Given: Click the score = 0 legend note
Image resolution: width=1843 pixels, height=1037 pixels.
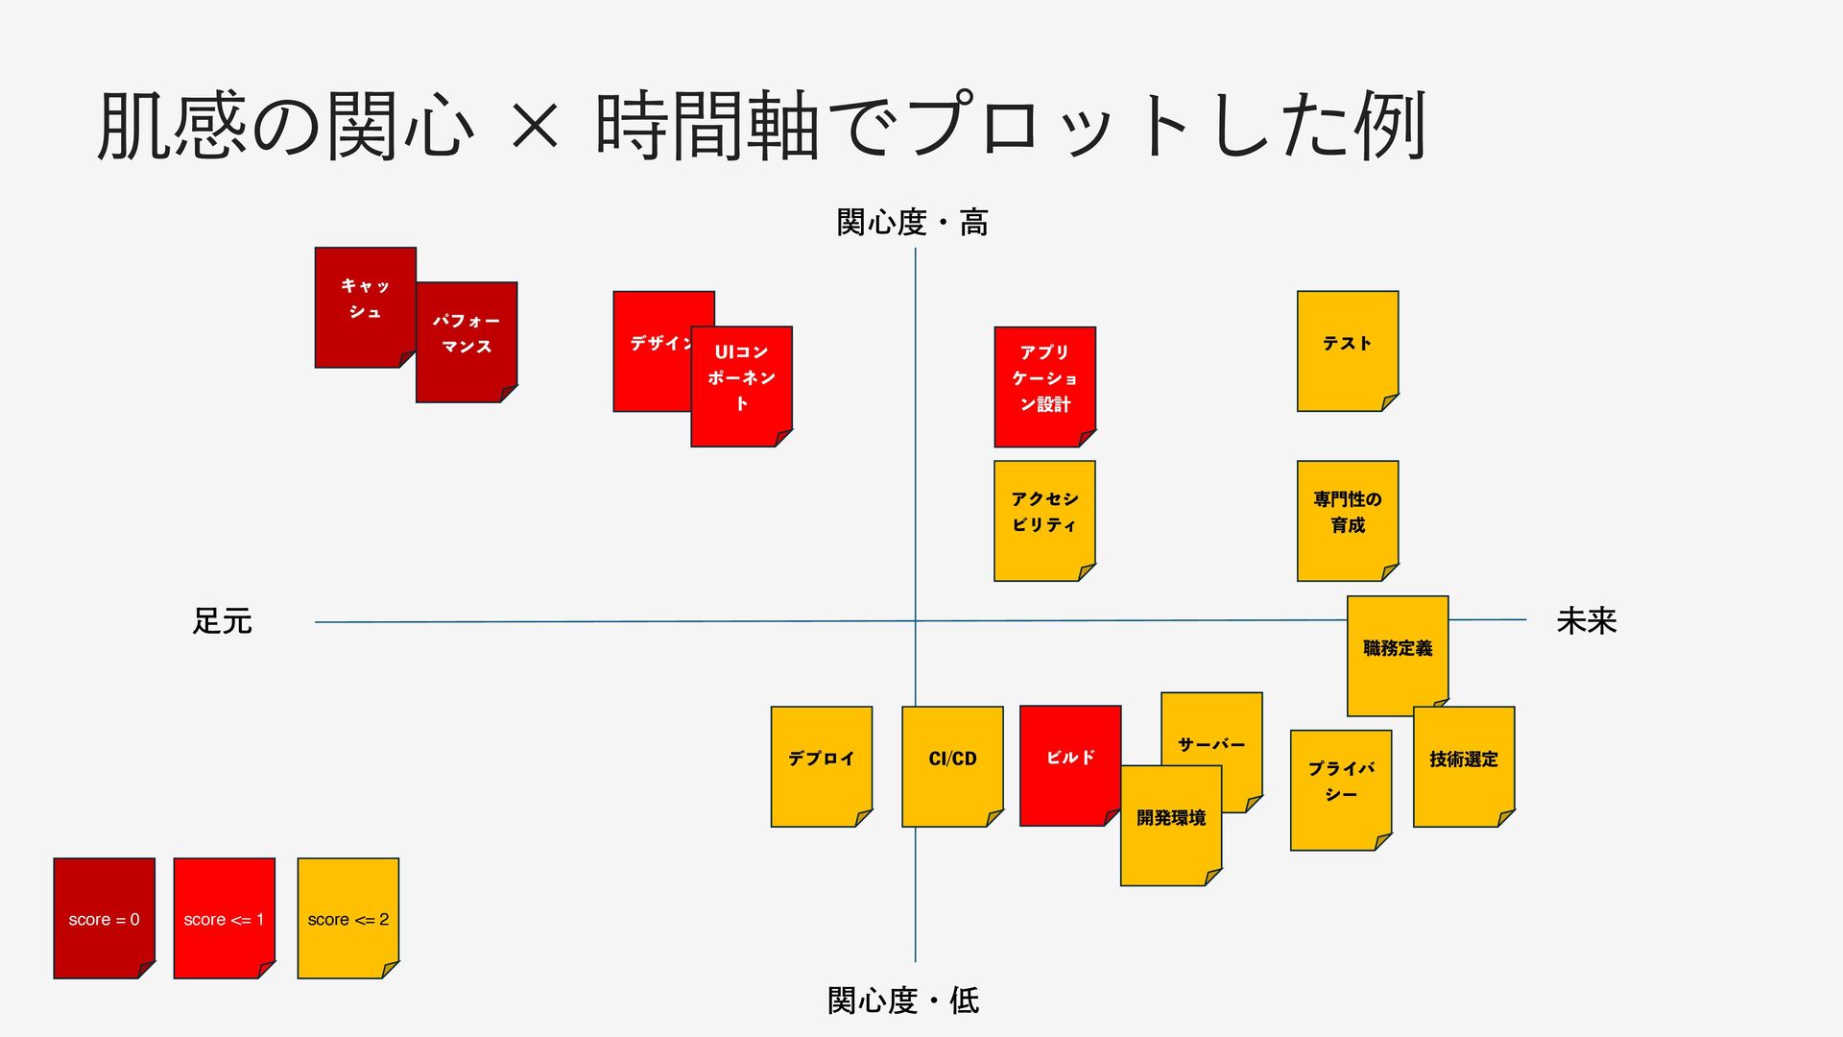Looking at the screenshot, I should click(104, 919).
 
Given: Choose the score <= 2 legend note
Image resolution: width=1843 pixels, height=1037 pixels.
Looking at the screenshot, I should click(347, 919).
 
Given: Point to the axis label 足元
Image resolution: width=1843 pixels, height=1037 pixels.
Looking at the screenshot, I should click(222, 622).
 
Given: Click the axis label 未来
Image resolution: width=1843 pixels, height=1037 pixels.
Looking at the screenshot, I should click(1586, 621).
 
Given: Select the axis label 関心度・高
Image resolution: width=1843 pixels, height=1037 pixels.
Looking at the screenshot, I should click(912, 223).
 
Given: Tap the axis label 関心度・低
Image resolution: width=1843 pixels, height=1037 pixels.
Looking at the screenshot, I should click(903, 1001).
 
